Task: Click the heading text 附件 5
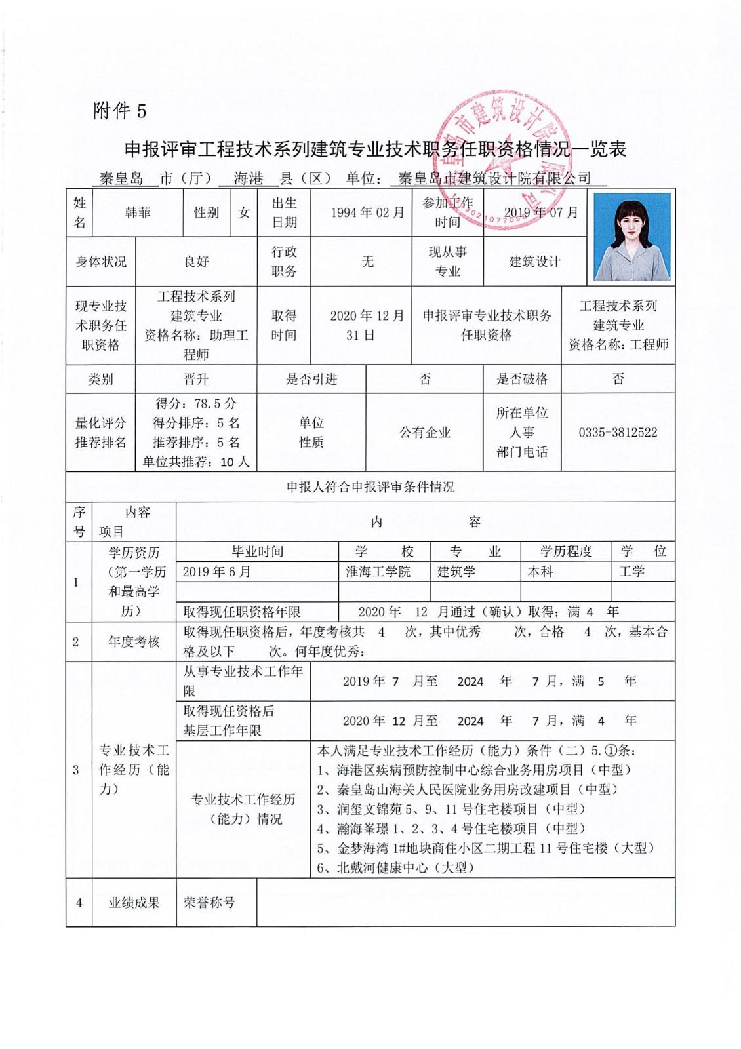point(120,111)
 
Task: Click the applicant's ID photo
point(631,237)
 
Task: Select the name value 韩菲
point(138,212)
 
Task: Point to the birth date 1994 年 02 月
point(367,212)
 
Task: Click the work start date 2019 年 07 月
point(541,212)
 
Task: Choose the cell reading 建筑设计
point(535,262)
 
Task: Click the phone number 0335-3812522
point(618,433)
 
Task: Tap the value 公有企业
point(425,433)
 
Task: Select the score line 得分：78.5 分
point(196,403)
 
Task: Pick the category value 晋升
point(196,379)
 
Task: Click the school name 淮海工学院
point(378,572)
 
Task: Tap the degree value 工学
point(631,572)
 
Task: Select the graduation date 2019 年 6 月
point(216,572)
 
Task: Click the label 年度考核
point(134,642)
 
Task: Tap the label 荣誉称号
point(209,903)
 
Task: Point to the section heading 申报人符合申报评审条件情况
point(370,487)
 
